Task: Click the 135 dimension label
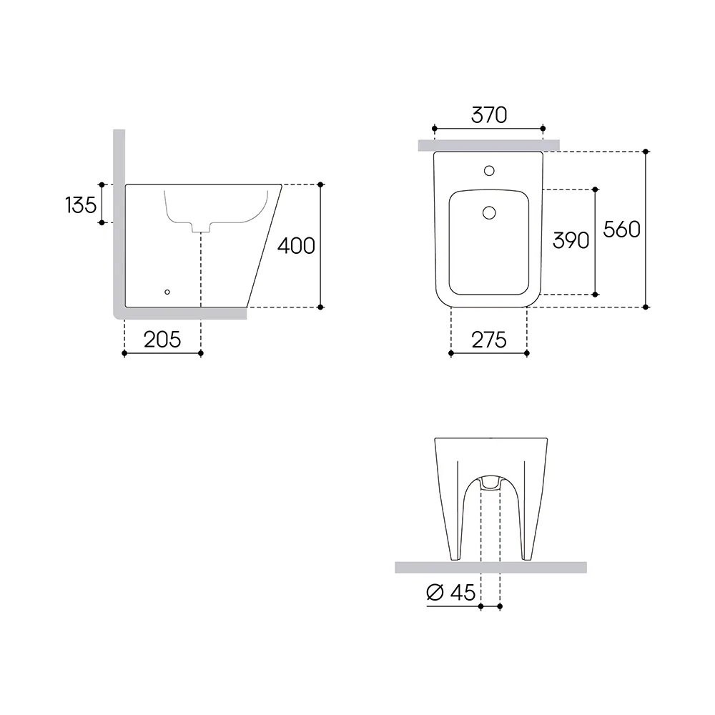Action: (81, 204)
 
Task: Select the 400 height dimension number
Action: (296, 246)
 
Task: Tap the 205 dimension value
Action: (162, 340)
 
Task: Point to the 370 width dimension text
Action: (489, 115)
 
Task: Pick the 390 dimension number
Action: (571, 240)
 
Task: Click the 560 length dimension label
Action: (621, 230)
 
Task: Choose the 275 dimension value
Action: (489, 340)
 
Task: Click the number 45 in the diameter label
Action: (463, 592)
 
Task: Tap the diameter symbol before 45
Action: (435, 592)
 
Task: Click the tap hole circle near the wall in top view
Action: (489, 171)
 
